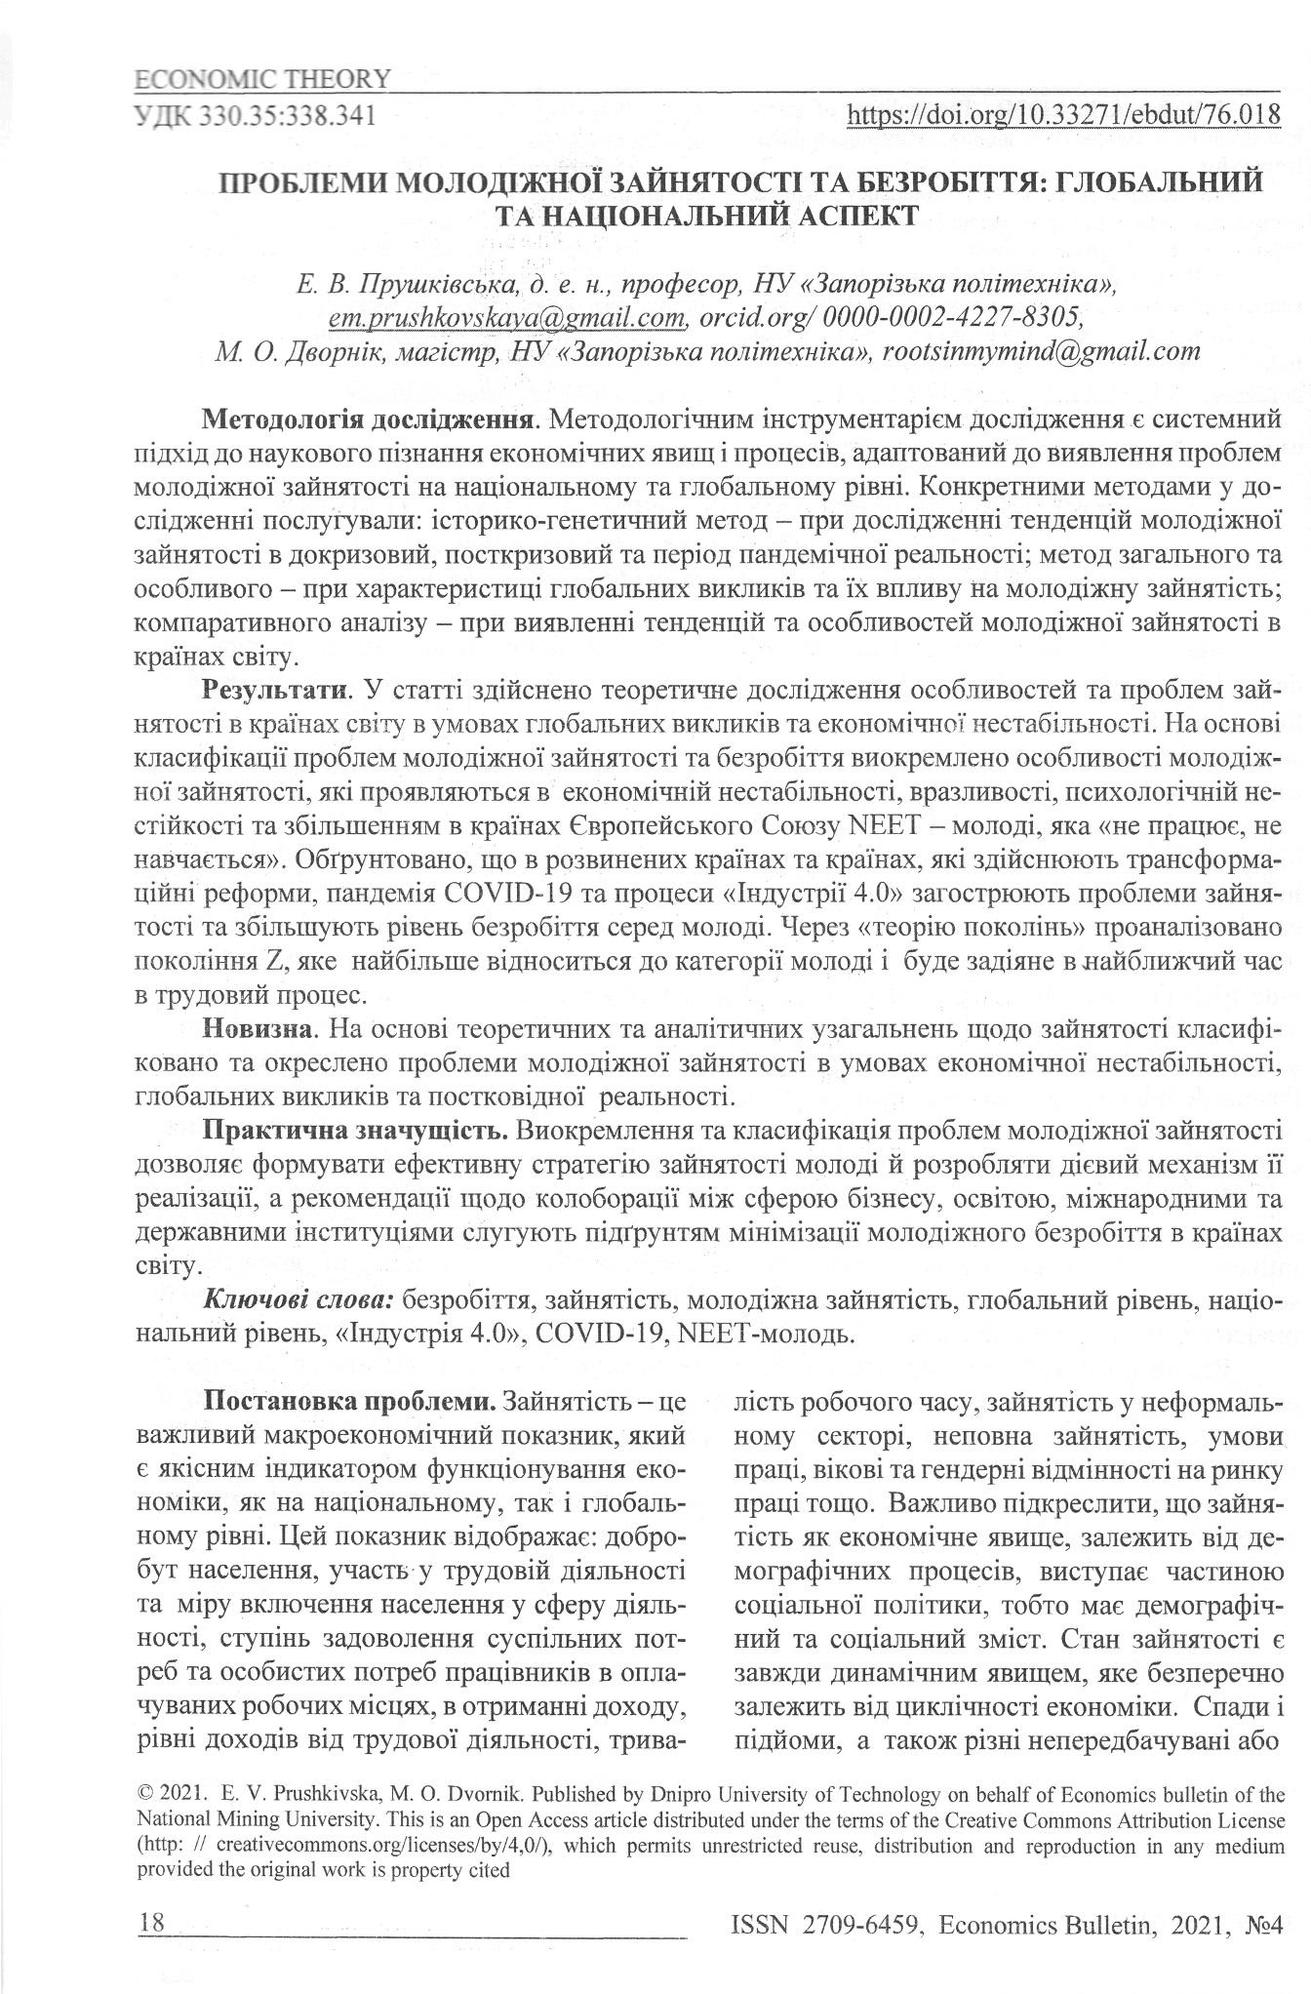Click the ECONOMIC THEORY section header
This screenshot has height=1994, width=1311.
(261, 78)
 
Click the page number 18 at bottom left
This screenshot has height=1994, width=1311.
(152, 1923)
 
